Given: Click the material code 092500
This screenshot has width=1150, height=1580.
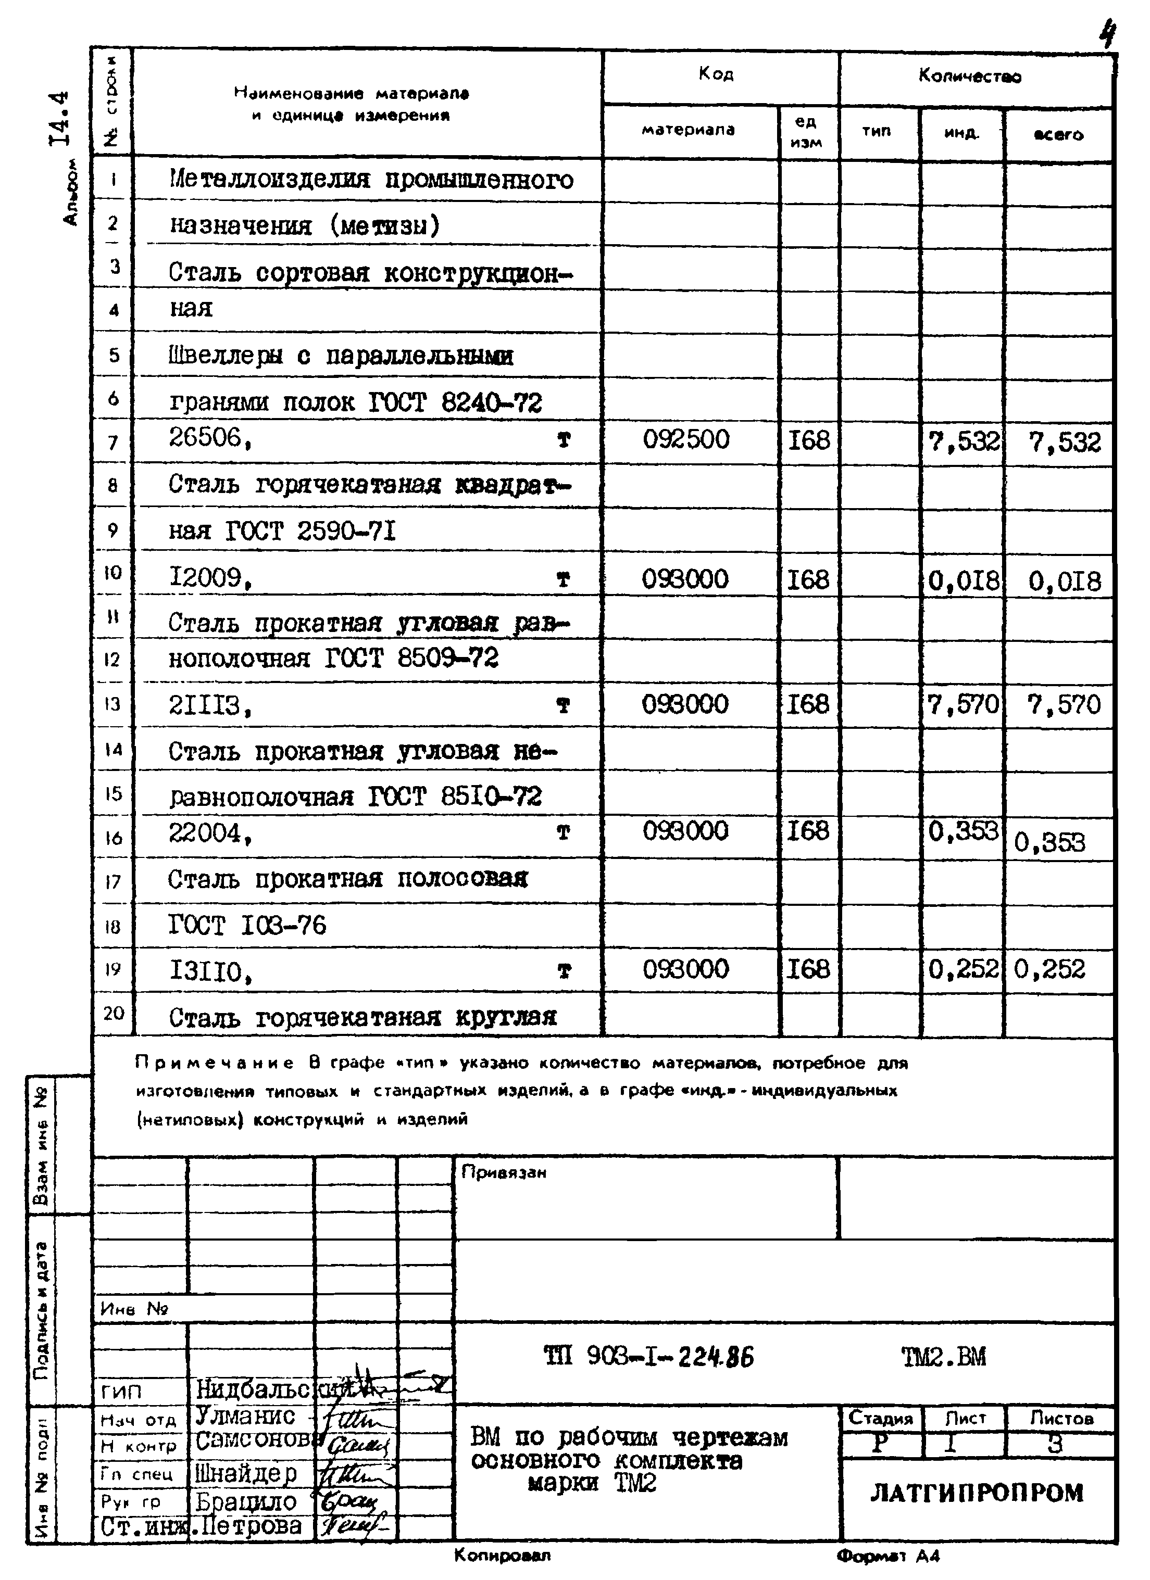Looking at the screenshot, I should coord(686,439).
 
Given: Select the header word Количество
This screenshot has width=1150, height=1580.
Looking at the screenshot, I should coord(969,77).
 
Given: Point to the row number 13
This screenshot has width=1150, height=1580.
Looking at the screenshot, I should coord(112,704).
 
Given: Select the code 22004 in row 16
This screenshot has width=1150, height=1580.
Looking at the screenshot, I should coord(208,833).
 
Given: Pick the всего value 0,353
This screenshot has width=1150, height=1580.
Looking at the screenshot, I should coord(1049,843).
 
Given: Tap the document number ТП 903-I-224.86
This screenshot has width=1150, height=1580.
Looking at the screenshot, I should coord(648,1356).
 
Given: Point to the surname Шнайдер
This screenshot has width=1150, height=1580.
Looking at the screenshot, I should coord(246,1473).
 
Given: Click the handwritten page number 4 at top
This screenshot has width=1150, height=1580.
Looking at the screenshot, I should coord(1107,33).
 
